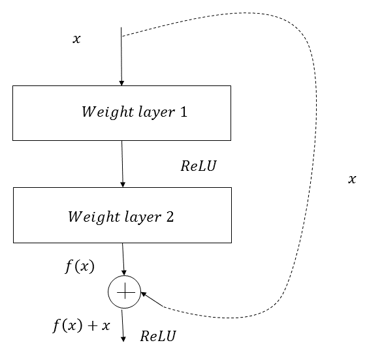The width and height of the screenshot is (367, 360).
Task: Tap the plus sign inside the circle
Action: click(125, 292)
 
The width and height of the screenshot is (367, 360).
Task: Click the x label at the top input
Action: click(76, 39)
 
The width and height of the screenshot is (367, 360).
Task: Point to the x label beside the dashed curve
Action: click(352, 179)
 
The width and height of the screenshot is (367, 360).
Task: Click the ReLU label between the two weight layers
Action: click(199, 166)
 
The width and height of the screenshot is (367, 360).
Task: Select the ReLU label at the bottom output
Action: click(158, 336)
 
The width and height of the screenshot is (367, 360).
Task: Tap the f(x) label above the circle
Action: click(80, 266)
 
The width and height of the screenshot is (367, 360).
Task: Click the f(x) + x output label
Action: click(81, 325)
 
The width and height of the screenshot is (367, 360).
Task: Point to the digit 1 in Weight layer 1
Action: click(183, 112)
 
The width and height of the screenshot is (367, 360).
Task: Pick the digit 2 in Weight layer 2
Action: click(170, 217)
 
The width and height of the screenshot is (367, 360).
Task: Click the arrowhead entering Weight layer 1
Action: click(121, 83)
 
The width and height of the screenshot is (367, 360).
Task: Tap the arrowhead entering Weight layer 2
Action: click(123, 185)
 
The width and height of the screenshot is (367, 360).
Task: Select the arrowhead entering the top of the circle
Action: click(124, 273)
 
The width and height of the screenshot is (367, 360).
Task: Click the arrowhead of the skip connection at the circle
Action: click(144, 294)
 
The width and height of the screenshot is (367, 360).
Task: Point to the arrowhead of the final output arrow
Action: click(123, 339)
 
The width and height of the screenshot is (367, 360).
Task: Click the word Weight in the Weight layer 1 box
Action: click(108, 112)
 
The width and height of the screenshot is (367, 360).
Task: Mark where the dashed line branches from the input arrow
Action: click(121, 37)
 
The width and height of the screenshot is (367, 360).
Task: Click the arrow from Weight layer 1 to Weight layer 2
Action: click(122, 164)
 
